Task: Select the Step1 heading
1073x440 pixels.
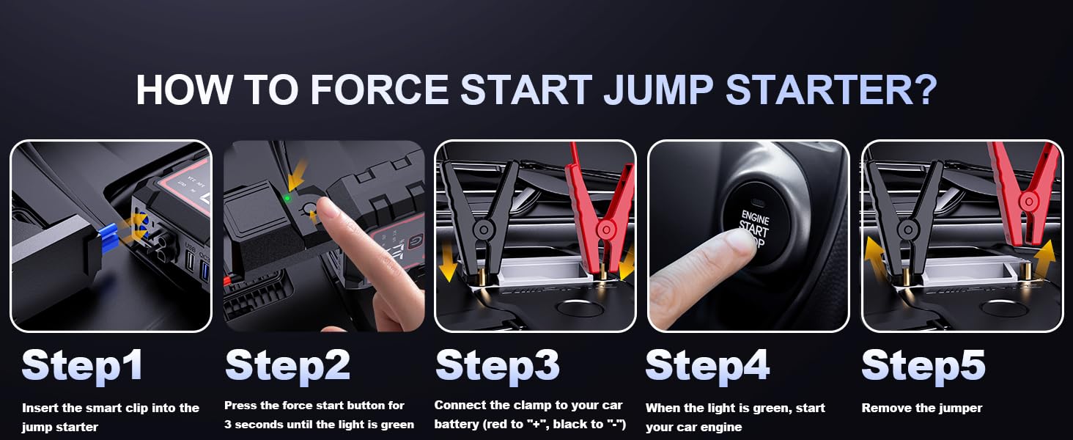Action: (x=82, y=365)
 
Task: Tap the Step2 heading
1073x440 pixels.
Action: (x=287, y=365)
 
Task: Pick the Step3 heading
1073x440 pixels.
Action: (x=498, y=365)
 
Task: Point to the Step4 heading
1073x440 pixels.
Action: (x=707, y=365)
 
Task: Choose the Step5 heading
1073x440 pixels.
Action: (x=923, y=365)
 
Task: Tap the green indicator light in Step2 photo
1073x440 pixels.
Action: (x=287, y=197)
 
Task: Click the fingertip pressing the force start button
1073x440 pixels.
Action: (x=325, y=213)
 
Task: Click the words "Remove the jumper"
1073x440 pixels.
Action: (x=921, y=408)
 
